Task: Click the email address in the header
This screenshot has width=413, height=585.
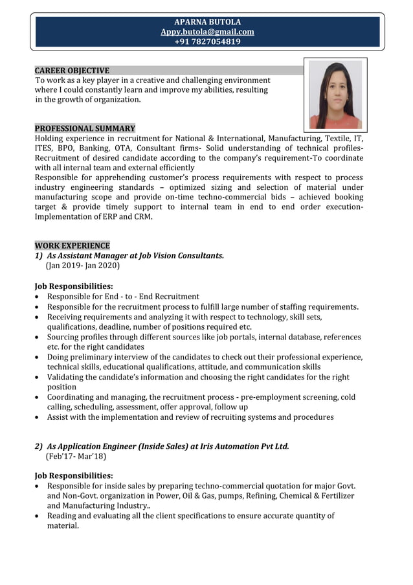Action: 207,32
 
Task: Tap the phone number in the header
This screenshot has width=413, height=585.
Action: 207,41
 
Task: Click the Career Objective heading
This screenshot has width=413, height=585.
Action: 72,71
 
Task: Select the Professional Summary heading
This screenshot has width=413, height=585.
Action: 85,128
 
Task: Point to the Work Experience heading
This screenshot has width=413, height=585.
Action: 72,246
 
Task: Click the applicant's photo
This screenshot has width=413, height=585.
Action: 335,95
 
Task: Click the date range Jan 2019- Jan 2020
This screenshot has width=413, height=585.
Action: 83,266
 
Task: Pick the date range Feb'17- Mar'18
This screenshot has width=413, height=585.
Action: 76,456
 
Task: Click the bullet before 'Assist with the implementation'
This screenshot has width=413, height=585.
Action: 38,418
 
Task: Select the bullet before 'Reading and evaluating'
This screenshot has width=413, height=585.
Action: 38,516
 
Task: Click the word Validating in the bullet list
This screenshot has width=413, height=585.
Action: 68,377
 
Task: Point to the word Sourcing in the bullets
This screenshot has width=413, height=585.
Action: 65,337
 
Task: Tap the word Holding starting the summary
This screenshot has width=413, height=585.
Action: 50,139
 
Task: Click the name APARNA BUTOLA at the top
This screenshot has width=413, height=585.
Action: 207,22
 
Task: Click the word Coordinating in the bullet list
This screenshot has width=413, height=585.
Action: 73,397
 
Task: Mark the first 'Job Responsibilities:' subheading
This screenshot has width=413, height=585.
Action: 74,286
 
